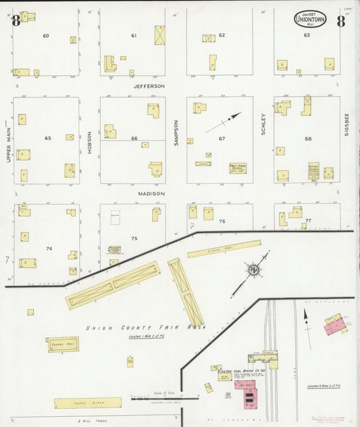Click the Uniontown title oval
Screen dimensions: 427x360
coord(309,20)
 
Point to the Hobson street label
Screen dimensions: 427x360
coord(89,142)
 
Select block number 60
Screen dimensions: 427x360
coord(46,35)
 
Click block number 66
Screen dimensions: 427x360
coord(134,139)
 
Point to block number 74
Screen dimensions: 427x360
coord(48,249)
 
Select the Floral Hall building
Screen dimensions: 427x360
coord(62,345)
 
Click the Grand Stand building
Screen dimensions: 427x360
coord(88,403)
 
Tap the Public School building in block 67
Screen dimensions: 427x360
coord(237,168)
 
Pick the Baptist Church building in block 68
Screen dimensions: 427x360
coord(313,171)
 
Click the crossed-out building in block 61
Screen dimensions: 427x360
coord(159,34)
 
